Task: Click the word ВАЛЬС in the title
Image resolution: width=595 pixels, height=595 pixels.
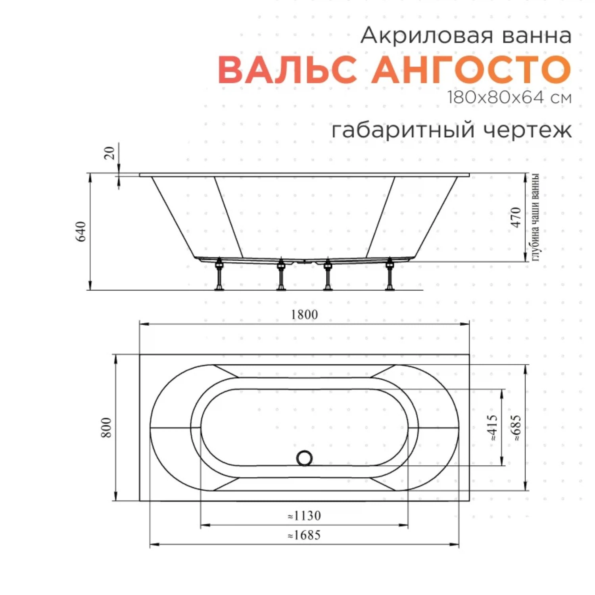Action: click(287, 70)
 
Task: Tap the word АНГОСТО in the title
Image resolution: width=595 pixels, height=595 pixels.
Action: click(471, 70)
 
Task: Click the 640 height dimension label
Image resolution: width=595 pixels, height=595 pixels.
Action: click(81, 232)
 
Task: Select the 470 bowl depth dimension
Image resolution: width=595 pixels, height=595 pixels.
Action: click(516, 217)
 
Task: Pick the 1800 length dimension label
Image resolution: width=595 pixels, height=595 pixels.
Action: click(304, 315)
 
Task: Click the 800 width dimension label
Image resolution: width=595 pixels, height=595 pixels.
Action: click(106, 427)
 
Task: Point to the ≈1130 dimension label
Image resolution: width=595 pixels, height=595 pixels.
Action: click(304, 516)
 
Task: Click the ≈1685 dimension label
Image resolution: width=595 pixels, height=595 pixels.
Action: click(304, 535)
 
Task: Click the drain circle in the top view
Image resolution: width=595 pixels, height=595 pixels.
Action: click(304, 458)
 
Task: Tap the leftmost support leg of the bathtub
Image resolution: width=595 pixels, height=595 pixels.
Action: click(219, 274)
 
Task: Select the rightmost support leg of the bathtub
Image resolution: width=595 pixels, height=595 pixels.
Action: click(390, 274)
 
